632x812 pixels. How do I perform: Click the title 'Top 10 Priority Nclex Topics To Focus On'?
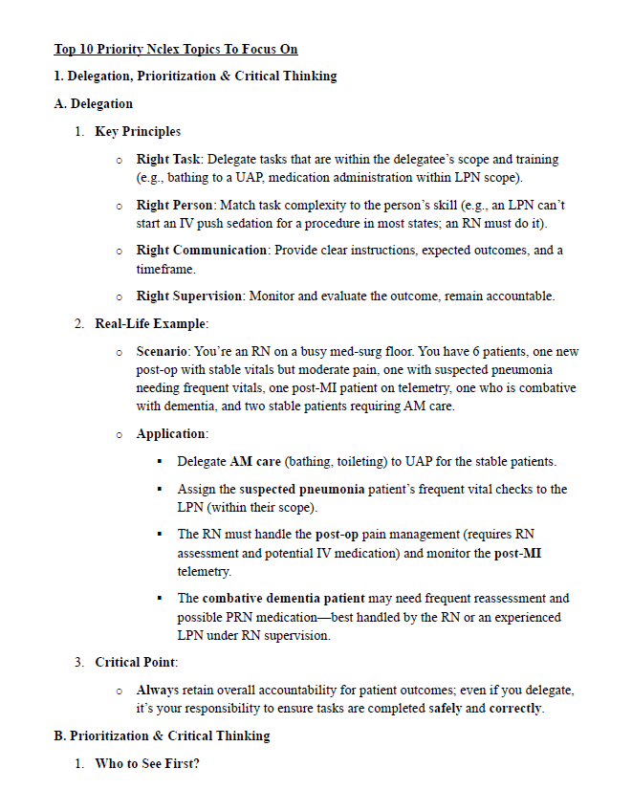[x=176, y=49]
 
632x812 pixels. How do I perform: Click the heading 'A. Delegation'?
[x=94, y=103]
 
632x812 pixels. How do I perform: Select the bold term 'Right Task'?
[x=168, y=159]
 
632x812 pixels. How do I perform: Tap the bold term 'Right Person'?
[x=175, y=205]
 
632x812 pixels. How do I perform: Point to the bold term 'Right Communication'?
[x=202, y=251]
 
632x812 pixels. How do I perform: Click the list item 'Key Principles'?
[x=138, y=131]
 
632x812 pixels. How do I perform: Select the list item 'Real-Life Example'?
[x=151, y=324]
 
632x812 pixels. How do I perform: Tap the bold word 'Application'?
[x=170, y=434]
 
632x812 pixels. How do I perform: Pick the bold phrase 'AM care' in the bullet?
[x=255, y=462]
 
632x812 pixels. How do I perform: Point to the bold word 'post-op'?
[x=338, y=535]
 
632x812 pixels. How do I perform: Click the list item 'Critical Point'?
[x=136, y=662]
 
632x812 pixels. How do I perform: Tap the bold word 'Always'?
[x=158, y=690]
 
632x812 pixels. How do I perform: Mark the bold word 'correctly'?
[x=516, y=709]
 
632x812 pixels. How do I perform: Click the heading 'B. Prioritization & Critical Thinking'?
[x=162, y=735]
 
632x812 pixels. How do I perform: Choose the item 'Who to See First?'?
[x=147, y=764]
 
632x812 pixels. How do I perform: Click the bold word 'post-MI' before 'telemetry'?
[x=516, y=553]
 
